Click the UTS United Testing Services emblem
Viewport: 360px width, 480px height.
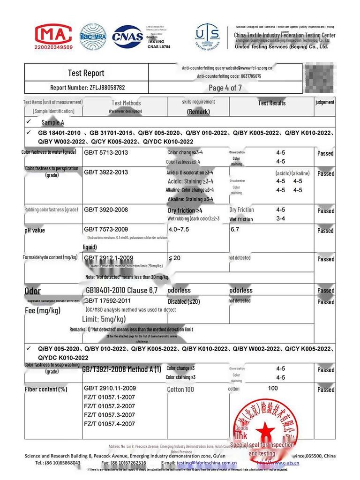tap(208, 37)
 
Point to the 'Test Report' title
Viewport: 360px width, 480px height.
tap(86, 73)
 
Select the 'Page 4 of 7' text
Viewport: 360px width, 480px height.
tap(225, 88)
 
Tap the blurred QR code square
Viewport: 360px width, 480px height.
tap(319, 78)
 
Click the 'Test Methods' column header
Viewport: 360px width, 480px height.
tap(126, 103)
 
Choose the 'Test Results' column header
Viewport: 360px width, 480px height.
tap(271, 103)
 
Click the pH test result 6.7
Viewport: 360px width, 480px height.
tap(235, 230)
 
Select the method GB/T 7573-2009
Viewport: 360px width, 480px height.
tap(105, 229)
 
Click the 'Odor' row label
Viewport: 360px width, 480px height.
tap(32, 291)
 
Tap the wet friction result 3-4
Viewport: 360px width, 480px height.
tap(280, 219)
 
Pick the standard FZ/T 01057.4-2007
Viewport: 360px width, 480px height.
tap(109, 424)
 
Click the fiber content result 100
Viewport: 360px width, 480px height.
tap(272, 388)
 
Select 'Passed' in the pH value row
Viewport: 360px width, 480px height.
tap(325, 231)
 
